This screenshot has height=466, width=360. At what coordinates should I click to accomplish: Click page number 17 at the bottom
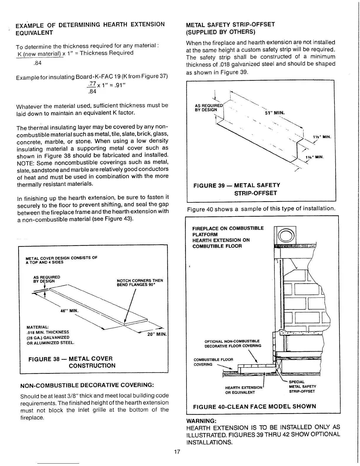click(177, 452)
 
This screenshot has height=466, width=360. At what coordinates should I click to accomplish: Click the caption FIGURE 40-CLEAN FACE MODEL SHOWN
click(254, 407)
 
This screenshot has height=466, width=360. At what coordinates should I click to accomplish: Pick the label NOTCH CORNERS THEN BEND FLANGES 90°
click(140, 282)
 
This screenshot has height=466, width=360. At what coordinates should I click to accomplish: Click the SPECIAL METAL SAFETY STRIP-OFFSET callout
click(302, 387)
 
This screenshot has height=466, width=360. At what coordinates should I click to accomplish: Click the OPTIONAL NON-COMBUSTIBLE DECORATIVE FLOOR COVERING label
click(233, 343)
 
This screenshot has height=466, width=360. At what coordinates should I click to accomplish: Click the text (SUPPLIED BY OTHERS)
click(221, 31)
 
